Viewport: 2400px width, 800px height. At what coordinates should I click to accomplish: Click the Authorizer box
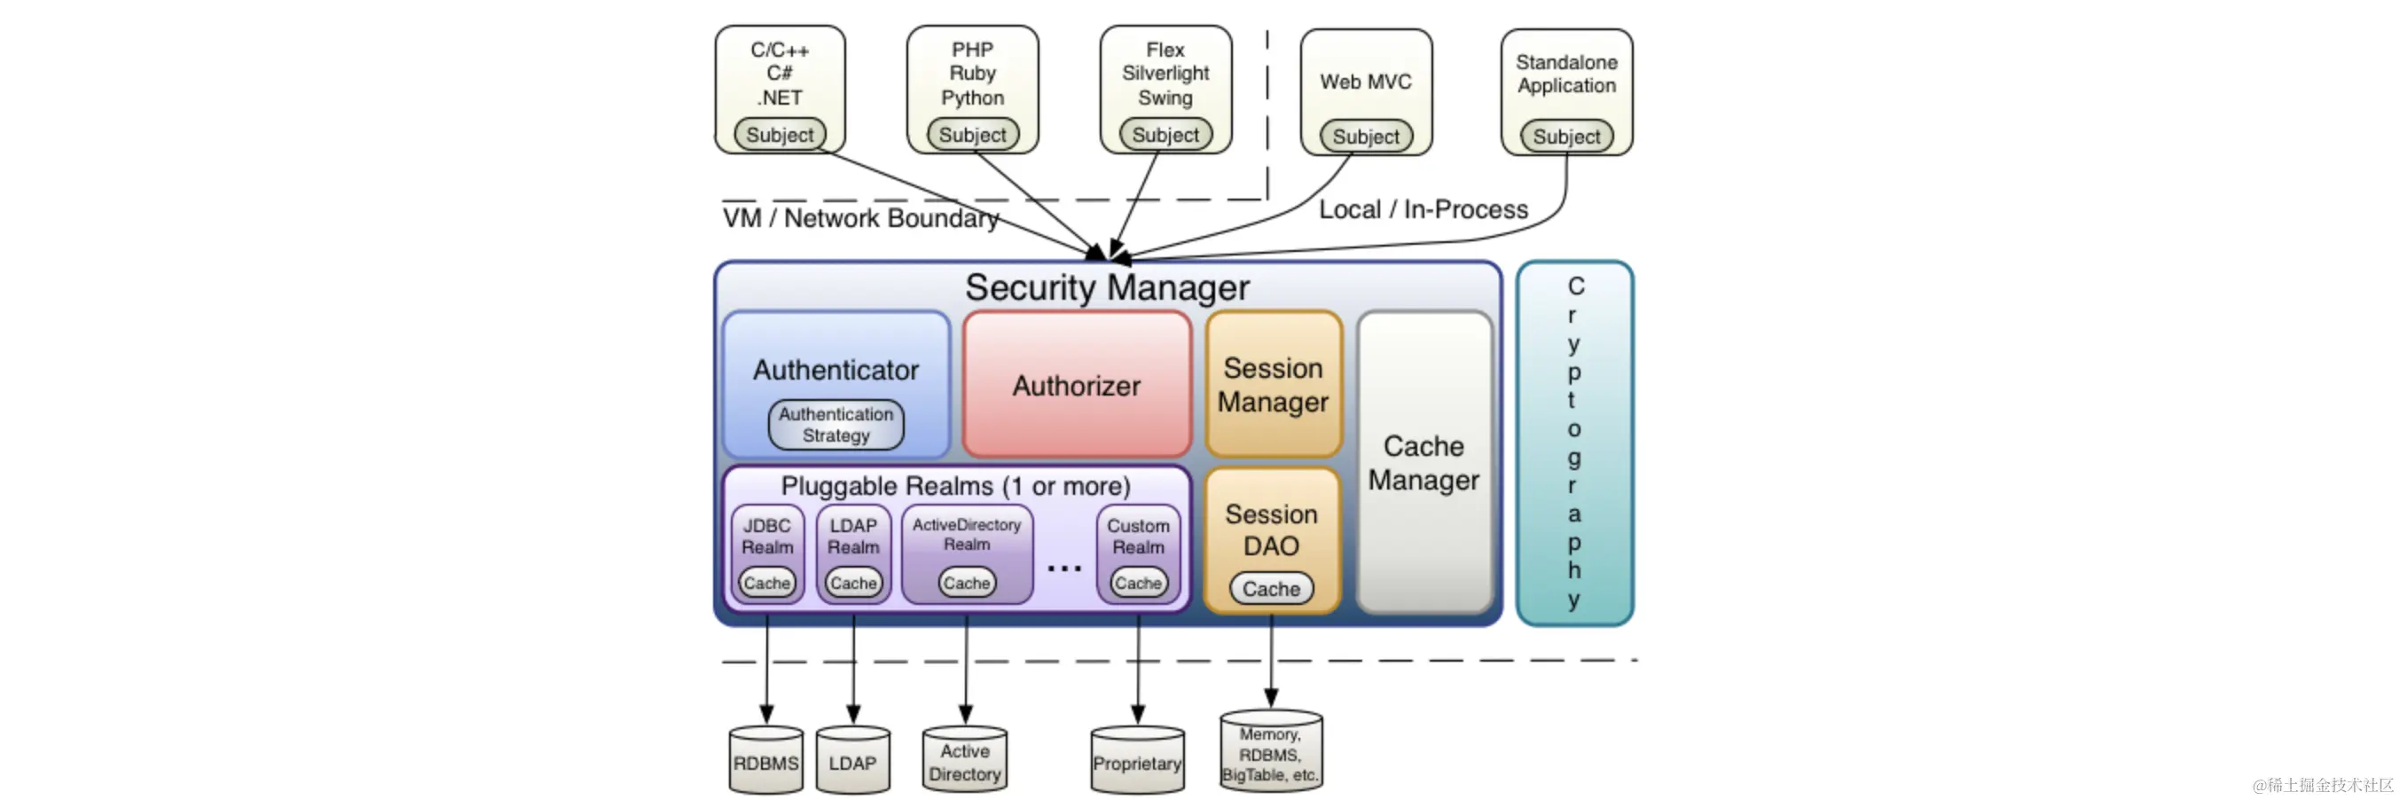click(1077, 385)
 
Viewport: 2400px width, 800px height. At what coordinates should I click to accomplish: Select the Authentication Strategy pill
click(835, 425)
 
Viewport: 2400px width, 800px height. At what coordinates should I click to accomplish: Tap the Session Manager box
click(1274, 384)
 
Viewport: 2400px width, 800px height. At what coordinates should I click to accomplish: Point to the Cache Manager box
click(1424, 462)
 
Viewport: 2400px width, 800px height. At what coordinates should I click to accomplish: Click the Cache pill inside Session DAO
click(1272, 589)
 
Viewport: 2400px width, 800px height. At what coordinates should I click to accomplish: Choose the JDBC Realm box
click(768, 554)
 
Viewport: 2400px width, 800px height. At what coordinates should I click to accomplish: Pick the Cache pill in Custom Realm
click(1139, 583)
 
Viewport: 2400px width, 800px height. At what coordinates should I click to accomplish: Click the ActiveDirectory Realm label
click(967, 535)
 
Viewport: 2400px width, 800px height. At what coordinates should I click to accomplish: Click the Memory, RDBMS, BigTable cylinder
click(1271, 751)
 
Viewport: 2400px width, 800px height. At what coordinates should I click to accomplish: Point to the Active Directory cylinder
click(965, 760)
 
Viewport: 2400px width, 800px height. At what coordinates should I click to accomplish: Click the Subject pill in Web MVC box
click(1366, 137)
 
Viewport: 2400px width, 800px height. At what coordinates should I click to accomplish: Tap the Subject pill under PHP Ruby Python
click(973, 135)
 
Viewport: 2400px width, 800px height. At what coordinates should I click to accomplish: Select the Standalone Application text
click(1567, 74)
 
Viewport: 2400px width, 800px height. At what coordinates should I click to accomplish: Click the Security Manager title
click(1107, 286)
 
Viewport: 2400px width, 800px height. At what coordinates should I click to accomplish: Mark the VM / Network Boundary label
click(861, 218)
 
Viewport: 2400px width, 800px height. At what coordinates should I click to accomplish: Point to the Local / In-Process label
click(1424, 209)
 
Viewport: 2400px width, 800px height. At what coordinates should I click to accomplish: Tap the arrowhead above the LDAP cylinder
click(852, 714)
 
